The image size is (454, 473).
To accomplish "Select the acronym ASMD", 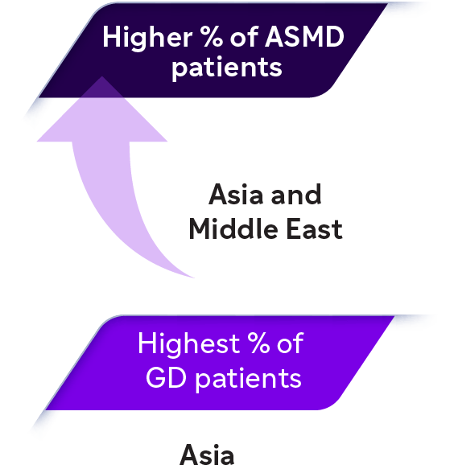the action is [304, 36].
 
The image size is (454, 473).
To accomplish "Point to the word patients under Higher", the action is [227, 68].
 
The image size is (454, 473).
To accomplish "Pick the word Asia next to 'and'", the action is [236, 195].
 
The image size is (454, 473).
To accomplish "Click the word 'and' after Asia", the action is [296, 195].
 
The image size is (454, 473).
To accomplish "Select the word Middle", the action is [233, 228].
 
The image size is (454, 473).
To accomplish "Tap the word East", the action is [314, 228].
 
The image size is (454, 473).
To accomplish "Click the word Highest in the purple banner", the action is [188, 345].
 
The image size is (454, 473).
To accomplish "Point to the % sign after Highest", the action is [258, 343].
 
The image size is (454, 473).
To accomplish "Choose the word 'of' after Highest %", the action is [290, 343].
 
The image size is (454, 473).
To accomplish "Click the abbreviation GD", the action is [166, 377].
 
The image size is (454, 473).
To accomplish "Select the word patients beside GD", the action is [248, 379].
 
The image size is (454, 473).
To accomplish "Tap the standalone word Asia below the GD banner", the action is [207, 455].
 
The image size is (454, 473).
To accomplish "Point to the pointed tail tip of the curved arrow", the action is [194, 278].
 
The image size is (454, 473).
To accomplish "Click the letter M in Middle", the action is [200, 228].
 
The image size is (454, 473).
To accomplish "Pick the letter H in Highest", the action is [147, 343].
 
